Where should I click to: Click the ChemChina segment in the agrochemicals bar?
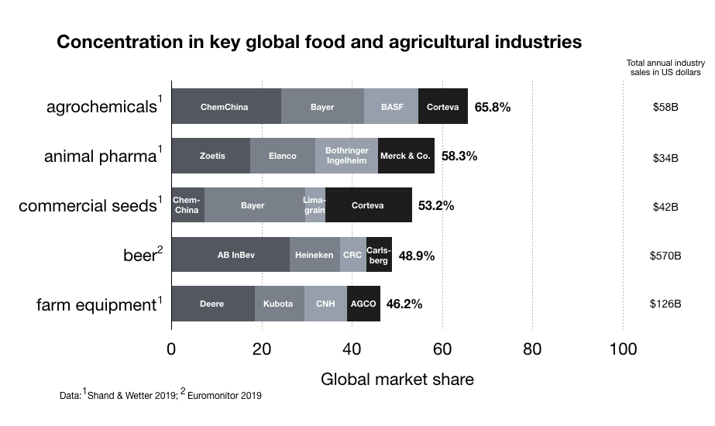click(225, 107)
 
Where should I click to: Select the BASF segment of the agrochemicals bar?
click(391, 107)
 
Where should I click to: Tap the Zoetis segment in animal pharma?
click(211, 156)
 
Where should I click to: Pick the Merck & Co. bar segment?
click(405, 156)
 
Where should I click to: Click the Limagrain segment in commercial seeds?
click(315, 205)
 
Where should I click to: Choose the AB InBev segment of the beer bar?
click(231, 255)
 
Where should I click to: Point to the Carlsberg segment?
click(379, 255)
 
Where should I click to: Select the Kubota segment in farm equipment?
click(279, 304)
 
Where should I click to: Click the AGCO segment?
click(363, 304)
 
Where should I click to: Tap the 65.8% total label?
click(493, 107)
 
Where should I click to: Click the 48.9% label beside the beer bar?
click(417, 255)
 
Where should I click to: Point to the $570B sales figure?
click(665, 255)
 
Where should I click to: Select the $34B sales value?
click(665, 157)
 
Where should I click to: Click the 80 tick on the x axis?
click(532, 349)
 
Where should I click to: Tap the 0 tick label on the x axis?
click(171, 349)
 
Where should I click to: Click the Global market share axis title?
click(397, 380)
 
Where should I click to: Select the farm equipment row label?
click(96, 304)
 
